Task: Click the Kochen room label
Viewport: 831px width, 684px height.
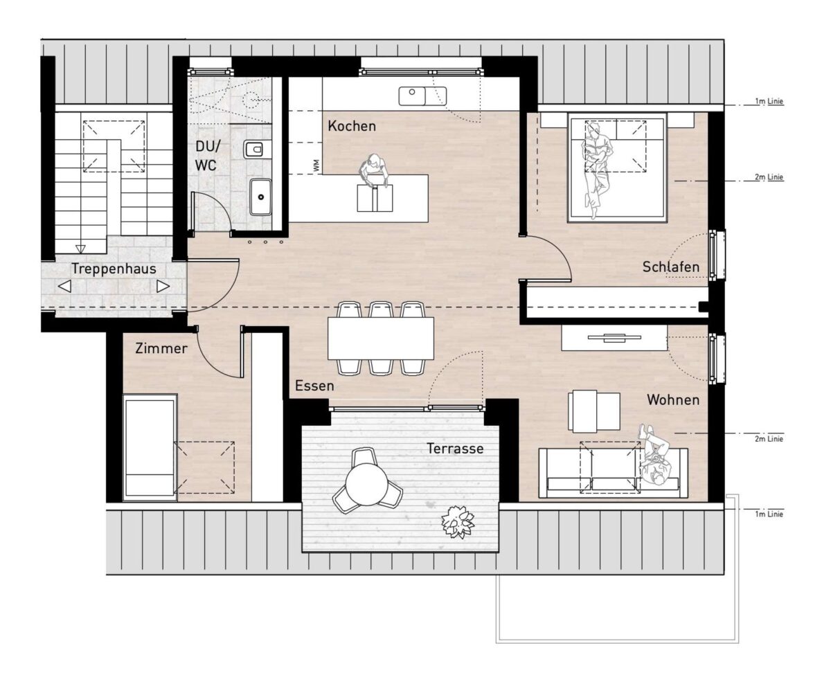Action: click(x=352, y=126)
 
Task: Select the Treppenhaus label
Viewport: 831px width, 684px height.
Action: click(x=114, y=269)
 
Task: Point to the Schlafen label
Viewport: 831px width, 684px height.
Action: click(x=670, y=267)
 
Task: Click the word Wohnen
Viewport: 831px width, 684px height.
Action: click(x=673, y=400)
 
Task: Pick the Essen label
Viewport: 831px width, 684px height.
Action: click(x=314, y=386)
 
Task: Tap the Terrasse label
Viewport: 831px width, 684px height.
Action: click(x=455, y=449)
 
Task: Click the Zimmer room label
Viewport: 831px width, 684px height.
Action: click(x=161, y=348)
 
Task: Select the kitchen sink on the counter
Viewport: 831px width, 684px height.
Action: click(x=422, y=96)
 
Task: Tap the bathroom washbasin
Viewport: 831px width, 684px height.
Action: click(x=260, y=197)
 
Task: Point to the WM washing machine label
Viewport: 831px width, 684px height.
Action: click(x=316, y=165)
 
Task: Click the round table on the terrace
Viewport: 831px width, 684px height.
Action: click(x=366, y=484)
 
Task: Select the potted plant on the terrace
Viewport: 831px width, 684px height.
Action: click(x=458, y=522)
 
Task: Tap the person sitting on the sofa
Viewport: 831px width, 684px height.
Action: click(x=654, y=460)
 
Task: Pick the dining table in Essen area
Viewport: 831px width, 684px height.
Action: click(x=381, y=339)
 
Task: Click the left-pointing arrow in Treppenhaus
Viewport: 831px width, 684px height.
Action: click(x=64, y=286)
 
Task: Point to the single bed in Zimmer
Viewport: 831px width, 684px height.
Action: click(x=150, y=448)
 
